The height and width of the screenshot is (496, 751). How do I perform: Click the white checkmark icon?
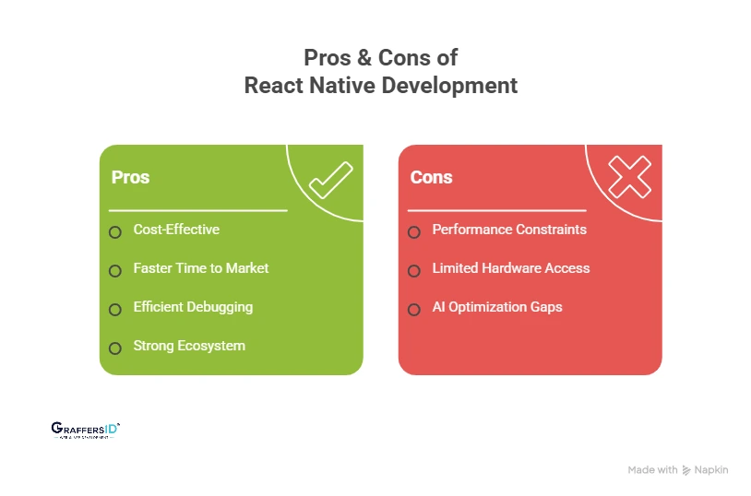point(329,181)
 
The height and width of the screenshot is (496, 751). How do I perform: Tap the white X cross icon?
point(629,176)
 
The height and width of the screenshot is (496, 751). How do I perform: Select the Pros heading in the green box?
point(130,177)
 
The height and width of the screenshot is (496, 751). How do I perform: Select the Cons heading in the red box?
point(431,177)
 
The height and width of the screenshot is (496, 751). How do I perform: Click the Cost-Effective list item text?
point(176,230)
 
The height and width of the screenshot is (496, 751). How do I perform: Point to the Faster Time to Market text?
point(201,268)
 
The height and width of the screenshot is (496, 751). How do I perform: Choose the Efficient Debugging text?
point(193,307)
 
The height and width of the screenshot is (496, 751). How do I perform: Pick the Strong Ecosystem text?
point(189,346)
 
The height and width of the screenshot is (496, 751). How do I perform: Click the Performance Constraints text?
point(509,230)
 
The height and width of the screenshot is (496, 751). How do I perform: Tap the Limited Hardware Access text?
point(511,268)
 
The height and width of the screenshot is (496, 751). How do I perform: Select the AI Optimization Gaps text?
point(497,307)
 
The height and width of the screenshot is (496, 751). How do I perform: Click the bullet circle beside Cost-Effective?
point(115,231)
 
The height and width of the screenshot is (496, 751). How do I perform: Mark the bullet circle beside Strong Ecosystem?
point(115,348)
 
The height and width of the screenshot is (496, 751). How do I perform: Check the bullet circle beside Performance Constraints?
point(414,231)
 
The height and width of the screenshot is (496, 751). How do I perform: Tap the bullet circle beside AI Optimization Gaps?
point(414,309)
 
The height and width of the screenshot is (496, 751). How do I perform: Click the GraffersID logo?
point(85,430)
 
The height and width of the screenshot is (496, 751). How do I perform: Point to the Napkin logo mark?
point(686,470)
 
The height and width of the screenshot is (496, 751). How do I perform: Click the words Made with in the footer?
point(652,470)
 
